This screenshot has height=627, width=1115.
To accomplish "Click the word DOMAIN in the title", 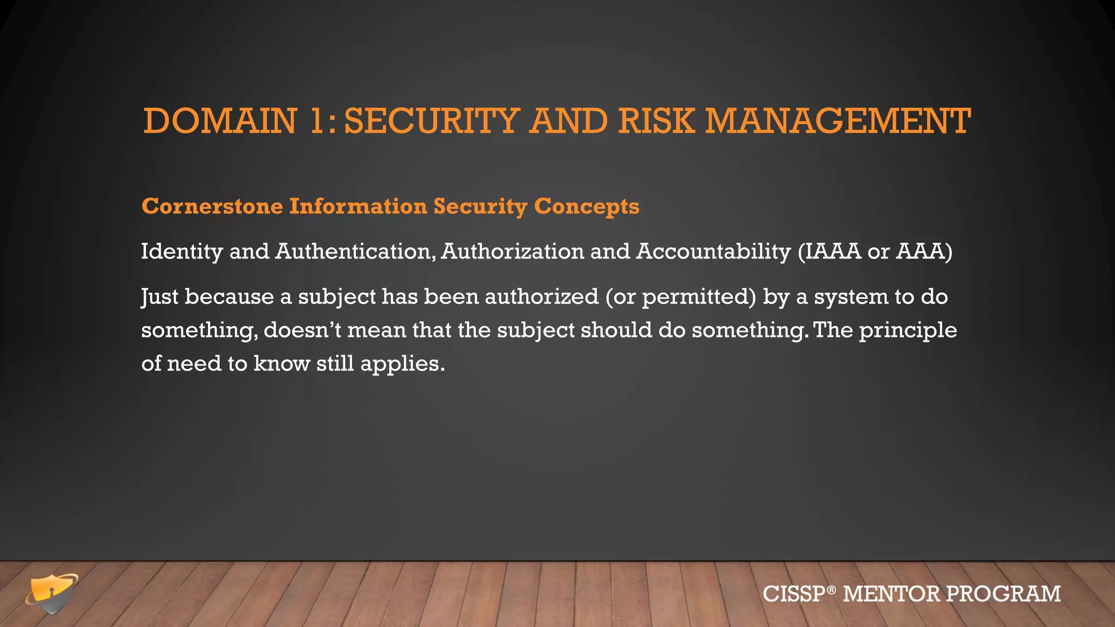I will (220, 121).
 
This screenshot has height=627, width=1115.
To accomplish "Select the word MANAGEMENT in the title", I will (838, 121).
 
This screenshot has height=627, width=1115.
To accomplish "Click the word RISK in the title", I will (656, 121).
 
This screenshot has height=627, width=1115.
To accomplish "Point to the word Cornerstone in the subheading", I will (212, 206).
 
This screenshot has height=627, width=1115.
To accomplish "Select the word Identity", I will (182, 252).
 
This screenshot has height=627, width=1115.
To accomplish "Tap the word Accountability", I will (713, 252).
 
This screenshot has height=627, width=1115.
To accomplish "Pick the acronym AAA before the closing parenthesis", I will (920, 251).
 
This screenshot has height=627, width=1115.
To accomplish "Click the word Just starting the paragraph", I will (160, 297).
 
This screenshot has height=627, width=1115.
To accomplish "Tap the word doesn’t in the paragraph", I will (302, 330).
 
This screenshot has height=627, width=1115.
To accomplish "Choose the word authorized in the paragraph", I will (541, 297).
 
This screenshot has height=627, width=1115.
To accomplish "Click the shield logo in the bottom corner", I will (52, 593).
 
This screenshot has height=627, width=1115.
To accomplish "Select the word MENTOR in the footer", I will (891, 594).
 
